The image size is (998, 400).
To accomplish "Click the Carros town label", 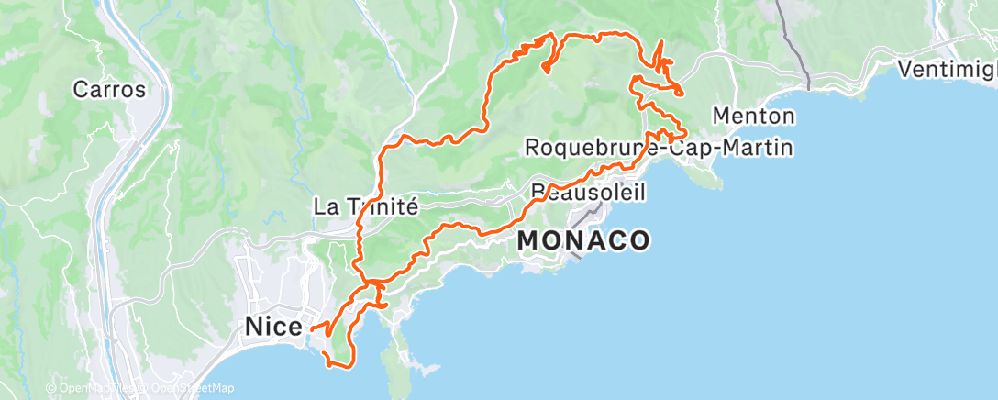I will point(109,90).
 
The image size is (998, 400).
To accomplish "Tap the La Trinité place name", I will point(366,206).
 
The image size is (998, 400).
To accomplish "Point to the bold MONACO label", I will point(583,240).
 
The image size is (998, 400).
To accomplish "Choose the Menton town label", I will point(753,117).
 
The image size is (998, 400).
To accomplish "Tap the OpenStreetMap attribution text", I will point(188,388).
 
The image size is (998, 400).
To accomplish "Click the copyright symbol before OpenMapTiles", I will point(51,388).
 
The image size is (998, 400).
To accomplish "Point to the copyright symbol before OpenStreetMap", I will point(140,388).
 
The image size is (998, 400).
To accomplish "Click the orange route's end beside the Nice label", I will point(311,328).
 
